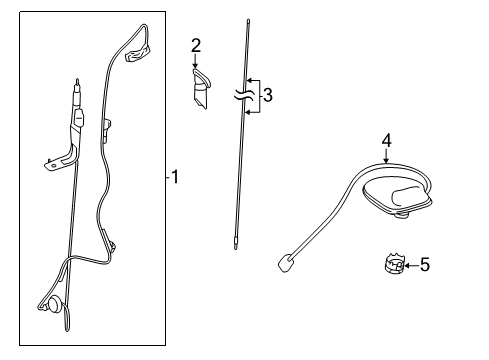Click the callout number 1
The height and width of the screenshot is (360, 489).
point(175,178)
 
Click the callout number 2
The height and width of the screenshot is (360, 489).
point(196,44)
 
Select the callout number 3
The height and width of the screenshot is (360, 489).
point(266,96)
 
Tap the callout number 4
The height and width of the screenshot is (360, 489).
point(387,141)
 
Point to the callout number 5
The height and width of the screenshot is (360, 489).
point(424,265)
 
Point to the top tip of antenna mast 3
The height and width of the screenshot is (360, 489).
point(243,20)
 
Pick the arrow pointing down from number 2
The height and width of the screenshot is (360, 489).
point(196,62)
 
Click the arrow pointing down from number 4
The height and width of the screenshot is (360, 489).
point(387,156)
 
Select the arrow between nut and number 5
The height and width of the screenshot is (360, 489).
point(410,265)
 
